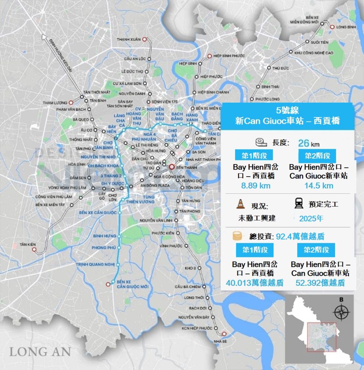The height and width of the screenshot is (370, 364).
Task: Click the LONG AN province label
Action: pyautogui.click(x=40, y=352)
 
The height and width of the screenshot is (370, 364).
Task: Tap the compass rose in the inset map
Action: pyautogui.click(x=341, y=312)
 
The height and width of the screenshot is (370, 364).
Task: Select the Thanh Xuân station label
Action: pyautogui.click(x=128, y=39)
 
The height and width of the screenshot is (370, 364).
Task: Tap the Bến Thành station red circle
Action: pyautogui.click(x=172, y=167)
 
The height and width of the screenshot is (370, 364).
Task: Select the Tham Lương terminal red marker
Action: pyautogui.click(x=71, y=103)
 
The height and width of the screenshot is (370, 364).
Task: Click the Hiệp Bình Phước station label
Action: pyautogui.click(x=229, y=56)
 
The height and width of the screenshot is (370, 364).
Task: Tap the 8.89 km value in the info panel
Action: pyautogui.click(x=256, y=186)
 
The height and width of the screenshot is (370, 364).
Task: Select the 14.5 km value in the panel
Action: pyautogui.click(x=318, y=186)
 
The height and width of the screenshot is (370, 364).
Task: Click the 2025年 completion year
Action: pyautogui.click(x=311, y=218)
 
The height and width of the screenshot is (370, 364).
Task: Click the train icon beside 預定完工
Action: pyautogui.click(x=299, y=204)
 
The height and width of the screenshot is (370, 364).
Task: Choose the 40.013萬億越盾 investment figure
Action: pyautogui.click(x=255, y=283)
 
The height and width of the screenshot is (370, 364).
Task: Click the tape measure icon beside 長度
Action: pyautogui.click(x=260, y=142)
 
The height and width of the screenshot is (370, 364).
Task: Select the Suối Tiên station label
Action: pyautogui.click(x=320, y=42)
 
